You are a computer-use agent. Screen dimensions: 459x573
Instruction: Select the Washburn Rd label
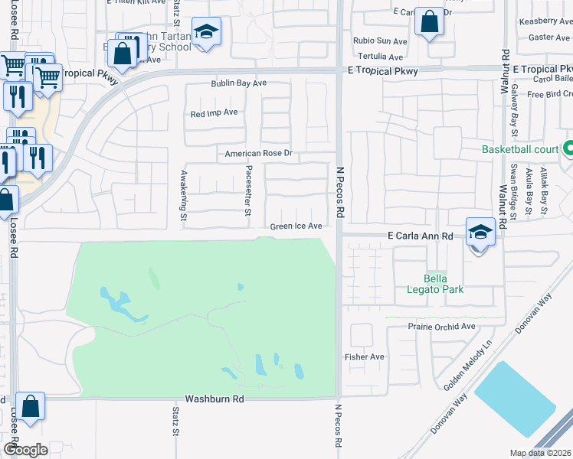(x=214, y=399)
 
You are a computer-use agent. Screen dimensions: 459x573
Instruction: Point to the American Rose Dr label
(x=258, y=154)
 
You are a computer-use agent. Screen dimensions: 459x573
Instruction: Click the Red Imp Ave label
(x=214, y=112)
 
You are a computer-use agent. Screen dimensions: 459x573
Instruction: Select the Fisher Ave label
(x=364, y=356)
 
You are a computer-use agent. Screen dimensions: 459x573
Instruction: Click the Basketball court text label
(x=520, y=149)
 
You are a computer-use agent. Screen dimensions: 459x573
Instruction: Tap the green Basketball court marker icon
(x=568, y=148)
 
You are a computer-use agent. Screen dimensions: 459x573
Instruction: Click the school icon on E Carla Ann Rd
(x=480, y=233)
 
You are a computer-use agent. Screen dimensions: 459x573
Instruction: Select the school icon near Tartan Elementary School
(x=205, y=32)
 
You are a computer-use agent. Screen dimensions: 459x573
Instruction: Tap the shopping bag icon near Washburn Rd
(x=31, y=407)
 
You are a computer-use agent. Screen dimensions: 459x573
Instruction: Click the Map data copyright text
(x=541, y=453)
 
